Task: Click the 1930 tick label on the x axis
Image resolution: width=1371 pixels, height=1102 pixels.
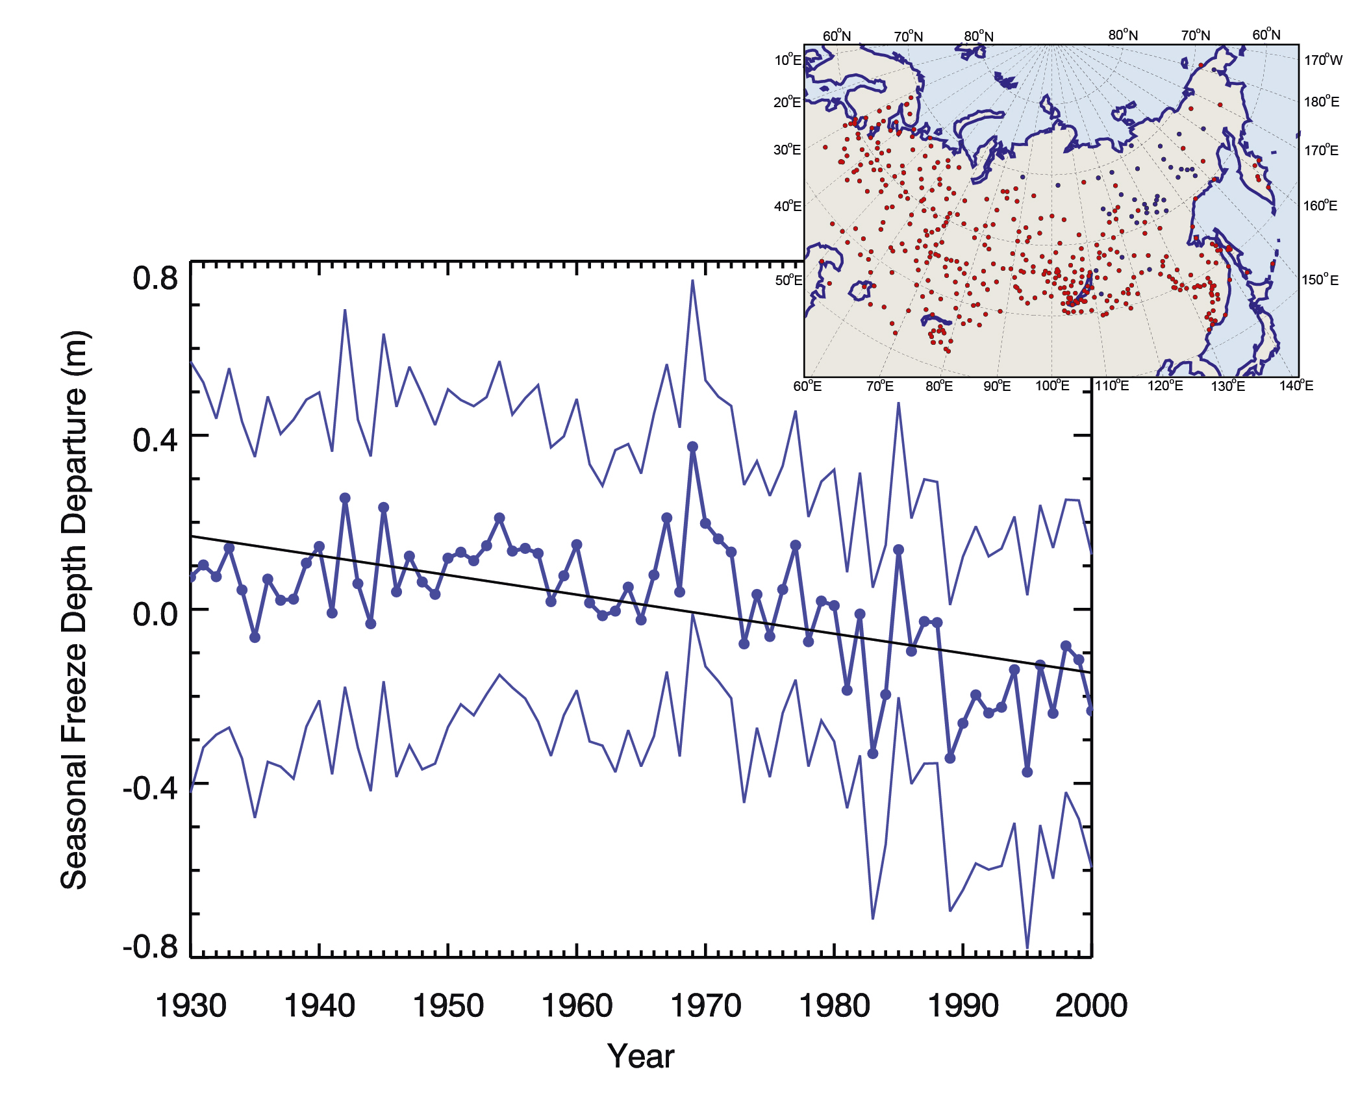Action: [x=191, y=1006]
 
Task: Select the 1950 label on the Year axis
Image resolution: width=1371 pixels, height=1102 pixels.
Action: [x=448, y=1006]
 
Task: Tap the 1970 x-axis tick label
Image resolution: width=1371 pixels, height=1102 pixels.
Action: [x=705, y=1006]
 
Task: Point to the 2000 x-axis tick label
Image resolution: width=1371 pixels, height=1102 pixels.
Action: [x=1091, y=1006]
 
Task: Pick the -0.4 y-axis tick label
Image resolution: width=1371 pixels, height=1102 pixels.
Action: [x=150, y=788]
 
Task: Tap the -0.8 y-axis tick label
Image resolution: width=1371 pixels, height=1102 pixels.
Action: [x=150, y=947]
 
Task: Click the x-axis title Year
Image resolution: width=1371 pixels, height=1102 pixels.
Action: [x=640, y=1057]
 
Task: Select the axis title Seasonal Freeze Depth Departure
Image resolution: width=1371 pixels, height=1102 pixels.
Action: [x=74, y=610]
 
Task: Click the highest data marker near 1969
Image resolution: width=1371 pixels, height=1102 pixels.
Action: [x=692, y=447]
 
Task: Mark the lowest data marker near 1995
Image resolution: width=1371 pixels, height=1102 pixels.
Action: [x=1027, y=772]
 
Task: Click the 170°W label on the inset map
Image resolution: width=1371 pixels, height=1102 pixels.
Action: [x=1323, y=60]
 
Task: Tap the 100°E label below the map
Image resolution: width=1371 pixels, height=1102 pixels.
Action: [x=1052, y=386]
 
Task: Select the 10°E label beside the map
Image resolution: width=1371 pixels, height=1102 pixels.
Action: [x=788, y=60]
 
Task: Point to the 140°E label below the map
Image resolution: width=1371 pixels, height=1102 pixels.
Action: [x=1296, y=386]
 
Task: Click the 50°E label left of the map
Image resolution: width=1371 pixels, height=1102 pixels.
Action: [x=788, y=281]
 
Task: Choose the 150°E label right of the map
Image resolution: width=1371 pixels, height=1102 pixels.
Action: [x=1320, y=280]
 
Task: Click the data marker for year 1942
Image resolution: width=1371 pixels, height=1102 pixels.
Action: [x=345, y=498]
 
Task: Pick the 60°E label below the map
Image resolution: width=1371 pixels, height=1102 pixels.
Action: [x=807, y=386]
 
